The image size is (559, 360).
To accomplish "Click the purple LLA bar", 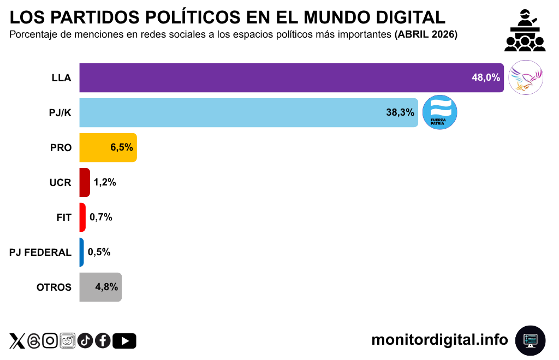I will point(273,77).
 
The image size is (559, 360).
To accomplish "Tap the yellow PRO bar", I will point(98,147).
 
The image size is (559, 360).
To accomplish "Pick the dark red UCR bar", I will point(85,182).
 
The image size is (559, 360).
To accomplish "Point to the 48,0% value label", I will point(486,77).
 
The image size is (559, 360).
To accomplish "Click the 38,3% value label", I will point(400,112).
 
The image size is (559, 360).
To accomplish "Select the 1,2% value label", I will point(105,182).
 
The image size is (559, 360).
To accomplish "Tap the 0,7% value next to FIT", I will point(101,217).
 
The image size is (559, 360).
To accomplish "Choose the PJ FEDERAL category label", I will point(40,252).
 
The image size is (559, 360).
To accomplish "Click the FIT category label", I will point(64,217).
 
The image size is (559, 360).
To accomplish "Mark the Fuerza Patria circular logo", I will point(440,112).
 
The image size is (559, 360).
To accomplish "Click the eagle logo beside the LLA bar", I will point(526,77).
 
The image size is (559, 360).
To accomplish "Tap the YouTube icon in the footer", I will point(124,341).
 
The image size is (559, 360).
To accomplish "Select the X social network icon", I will point(17,341).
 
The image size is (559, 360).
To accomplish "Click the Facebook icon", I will point(103,341).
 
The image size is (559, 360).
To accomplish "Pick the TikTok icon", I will point(85,341).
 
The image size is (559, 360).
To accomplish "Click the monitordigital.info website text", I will point(439,340).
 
